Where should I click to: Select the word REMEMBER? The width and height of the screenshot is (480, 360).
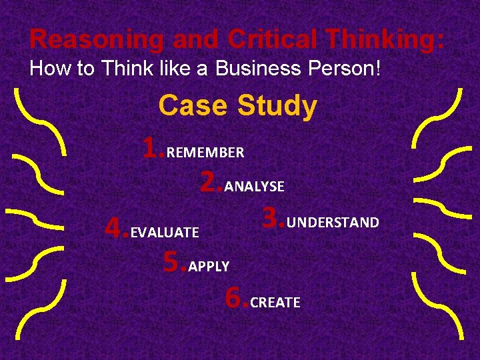205,153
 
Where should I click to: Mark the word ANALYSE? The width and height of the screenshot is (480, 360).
255,187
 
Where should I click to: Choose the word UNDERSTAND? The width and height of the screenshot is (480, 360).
333,222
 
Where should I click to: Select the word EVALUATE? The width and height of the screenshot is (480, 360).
165,233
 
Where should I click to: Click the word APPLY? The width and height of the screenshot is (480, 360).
209,267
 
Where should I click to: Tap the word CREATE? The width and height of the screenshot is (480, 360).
275,303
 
